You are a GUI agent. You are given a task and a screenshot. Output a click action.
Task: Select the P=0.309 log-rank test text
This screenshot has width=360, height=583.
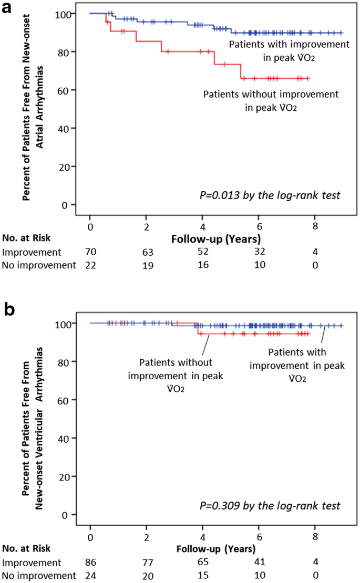[270, 506]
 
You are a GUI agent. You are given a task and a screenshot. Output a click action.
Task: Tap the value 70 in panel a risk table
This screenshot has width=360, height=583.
[91, 252]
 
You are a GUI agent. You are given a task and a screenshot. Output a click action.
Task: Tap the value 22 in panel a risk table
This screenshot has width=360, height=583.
[91, 265]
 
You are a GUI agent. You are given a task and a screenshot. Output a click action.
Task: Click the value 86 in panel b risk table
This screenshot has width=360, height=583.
[91, 561]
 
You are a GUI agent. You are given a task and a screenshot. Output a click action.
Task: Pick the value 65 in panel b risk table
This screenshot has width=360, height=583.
[202, 562]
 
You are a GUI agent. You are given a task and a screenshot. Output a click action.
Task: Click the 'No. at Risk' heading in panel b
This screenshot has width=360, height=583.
[27, 548]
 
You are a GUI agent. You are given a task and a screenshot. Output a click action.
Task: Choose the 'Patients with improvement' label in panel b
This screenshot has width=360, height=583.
[306, 366]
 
